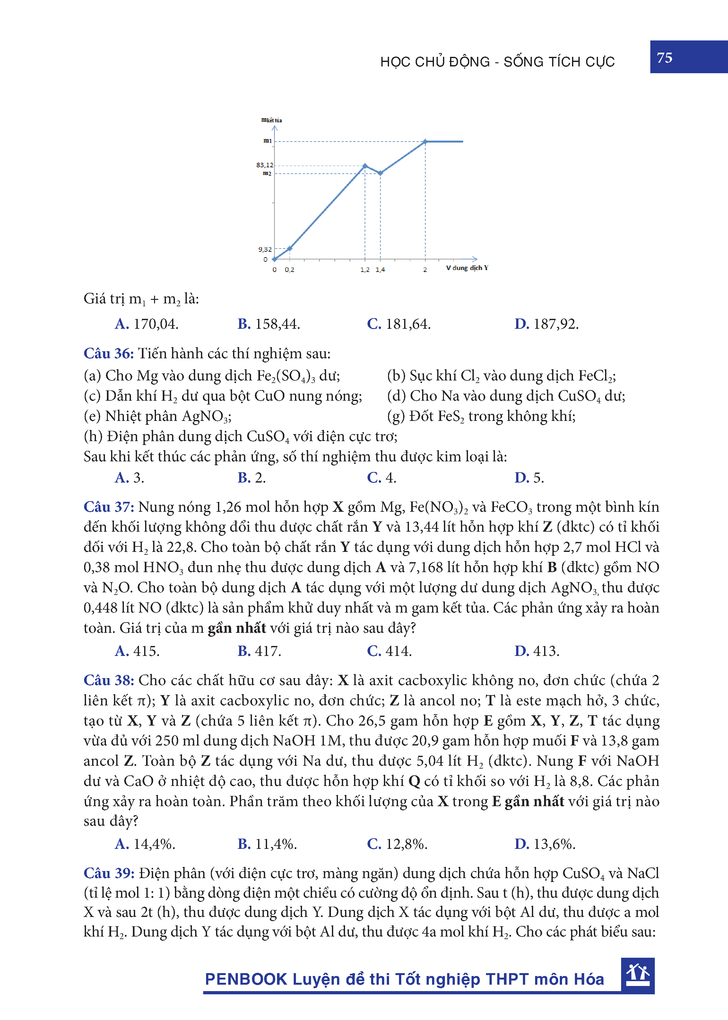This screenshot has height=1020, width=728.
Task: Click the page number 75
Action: click(664, 58)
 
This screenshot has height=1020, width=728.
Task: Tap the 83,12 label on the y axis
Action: click(264, 165)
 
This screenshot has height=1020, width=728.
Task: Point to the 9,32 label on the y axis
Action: click(265, 249)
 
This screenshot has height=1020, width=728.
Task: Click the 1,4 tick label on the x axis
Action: click(380, 269)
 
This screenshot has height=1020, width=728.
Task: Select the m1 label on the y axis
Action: click(267, 141)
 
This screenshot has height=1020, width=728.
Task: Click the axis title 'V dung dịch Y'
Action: click(467, 268)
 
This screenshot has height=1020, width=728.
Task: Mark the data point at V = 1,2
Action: click(365, 166)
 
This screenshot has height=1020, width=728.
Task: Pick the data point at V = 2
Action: click(425, 142)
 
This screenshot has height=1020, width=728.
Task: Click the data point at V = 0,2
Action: click(290, 248)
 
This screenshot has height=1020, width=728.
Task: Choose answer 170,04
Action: click(147, 324)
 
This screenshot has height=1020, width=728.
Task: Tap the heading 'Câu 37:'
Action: click(108, 507)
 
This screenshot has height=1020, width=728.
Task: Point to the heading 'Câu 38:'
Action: click(108, 680)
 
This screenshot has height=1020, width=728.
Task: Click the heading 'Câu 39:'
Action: click(108, 873)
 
